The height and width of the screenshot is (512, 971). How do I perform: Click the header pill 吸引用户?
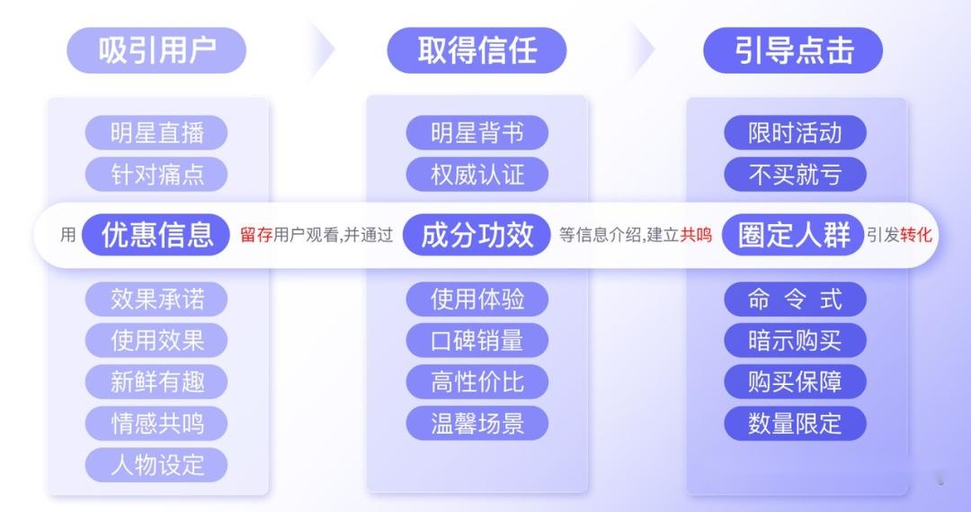[x=156, y=50]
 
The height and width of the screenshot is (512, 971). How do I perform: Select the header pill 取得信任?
[x=477, y=50]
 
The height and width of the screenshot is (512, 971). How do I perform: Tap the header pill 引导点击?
[x=793, y=50]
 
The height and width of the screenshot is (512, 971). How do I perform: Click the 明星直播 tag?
[x=156, y=133]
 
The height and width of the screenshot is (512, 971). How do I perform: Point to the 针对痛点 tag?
[x=156, y=174]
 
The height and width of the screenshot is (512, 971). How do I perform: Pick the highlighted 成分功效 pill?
[x=477, y=236]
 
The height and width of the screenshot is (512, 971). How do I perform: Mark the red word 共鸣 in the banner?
[x=696, y=236]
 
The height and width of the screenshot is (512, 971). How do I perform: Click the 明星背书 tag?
[x=477, y=133]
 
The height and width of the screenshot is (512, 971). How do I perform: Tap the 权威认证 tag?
[x=477, y=174]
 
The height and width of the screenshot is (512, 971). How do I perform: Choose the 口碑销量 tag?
[x=477, y=340]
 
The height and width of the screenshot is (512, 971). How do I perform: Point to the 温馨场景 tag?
[x=477, y=423]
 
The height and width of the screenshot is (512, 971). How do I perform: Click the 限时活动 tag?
[x=795, y=133]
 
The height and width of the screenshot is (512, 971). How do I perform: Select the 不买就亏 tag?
[x=795, y=174]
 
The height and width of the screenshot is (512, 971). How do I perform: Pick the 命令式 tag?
[x=795, y=299]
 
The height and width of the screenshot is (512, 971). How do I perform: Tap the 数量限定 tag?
[x=795, y=423]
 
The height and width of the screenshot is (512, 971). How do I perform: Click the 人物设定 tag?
[x=156, y=464]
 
